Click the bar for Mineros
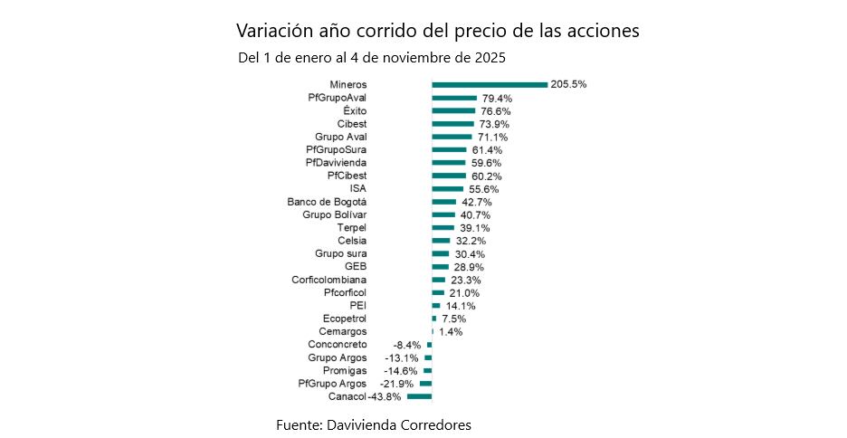[490, 85]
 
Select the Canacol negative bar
[420, 397]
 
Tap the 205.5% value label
[569, 84]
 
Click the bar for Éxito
[453, 110]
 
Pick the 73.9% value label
[495, 124]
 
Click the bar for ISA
[447, 189]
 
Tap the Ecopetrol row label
[345, 319]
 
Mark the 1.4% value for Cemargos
[451, 332]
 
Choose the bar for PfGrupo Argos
[425, 384]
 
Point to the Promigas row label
[345, 371]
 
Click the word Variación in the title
[271, 30]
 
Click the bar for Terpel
[443, 228]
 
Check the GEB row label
[356, 267]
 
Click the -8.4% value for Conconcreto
[407, 346]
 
